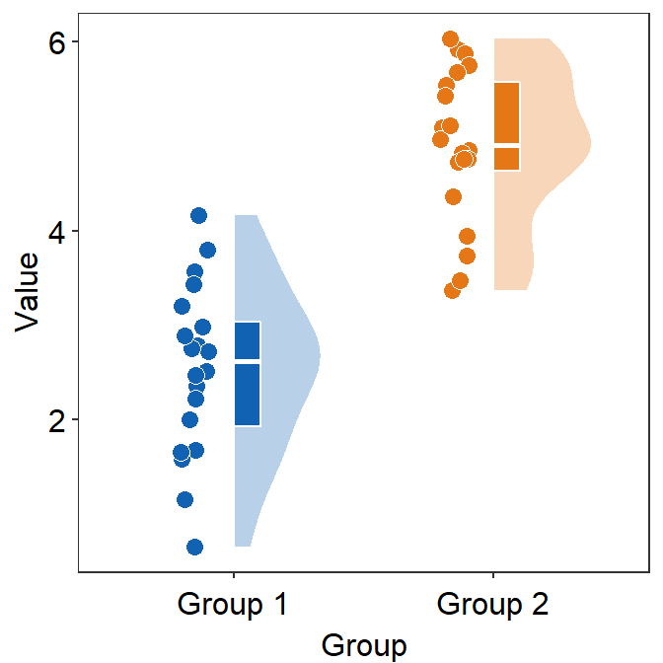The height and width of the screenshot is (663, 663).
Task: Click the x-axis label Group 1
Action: point(233,604)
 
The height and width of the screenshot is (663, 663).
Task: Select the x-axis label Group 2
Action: point(492,604)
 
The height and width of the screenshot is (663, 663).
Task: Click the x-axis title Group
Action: point(363,646)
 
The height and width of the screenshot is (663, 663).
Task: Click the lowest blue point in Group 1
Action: point(195,547)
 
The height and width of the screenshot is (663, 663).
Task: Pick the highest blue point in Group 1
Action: point(198,215)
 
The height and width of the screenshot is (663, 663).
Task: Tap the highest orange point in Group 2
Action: point(451,39)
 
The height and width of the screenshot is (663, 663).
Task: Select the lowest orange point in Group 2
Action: point(453,290)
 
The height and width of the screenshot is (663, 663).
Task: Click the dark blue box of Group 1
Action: point(248,395)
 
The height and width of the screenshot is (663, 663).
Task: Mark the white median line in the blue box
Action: point(248,362)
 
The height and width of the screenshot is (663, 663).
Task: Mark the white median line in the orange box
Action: point(506,144)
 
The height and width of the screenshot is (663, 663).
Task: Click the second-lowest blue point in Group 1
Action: point(184,499)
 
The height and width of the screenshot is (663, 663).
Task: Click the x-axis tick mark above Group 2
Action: point(492,575)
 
